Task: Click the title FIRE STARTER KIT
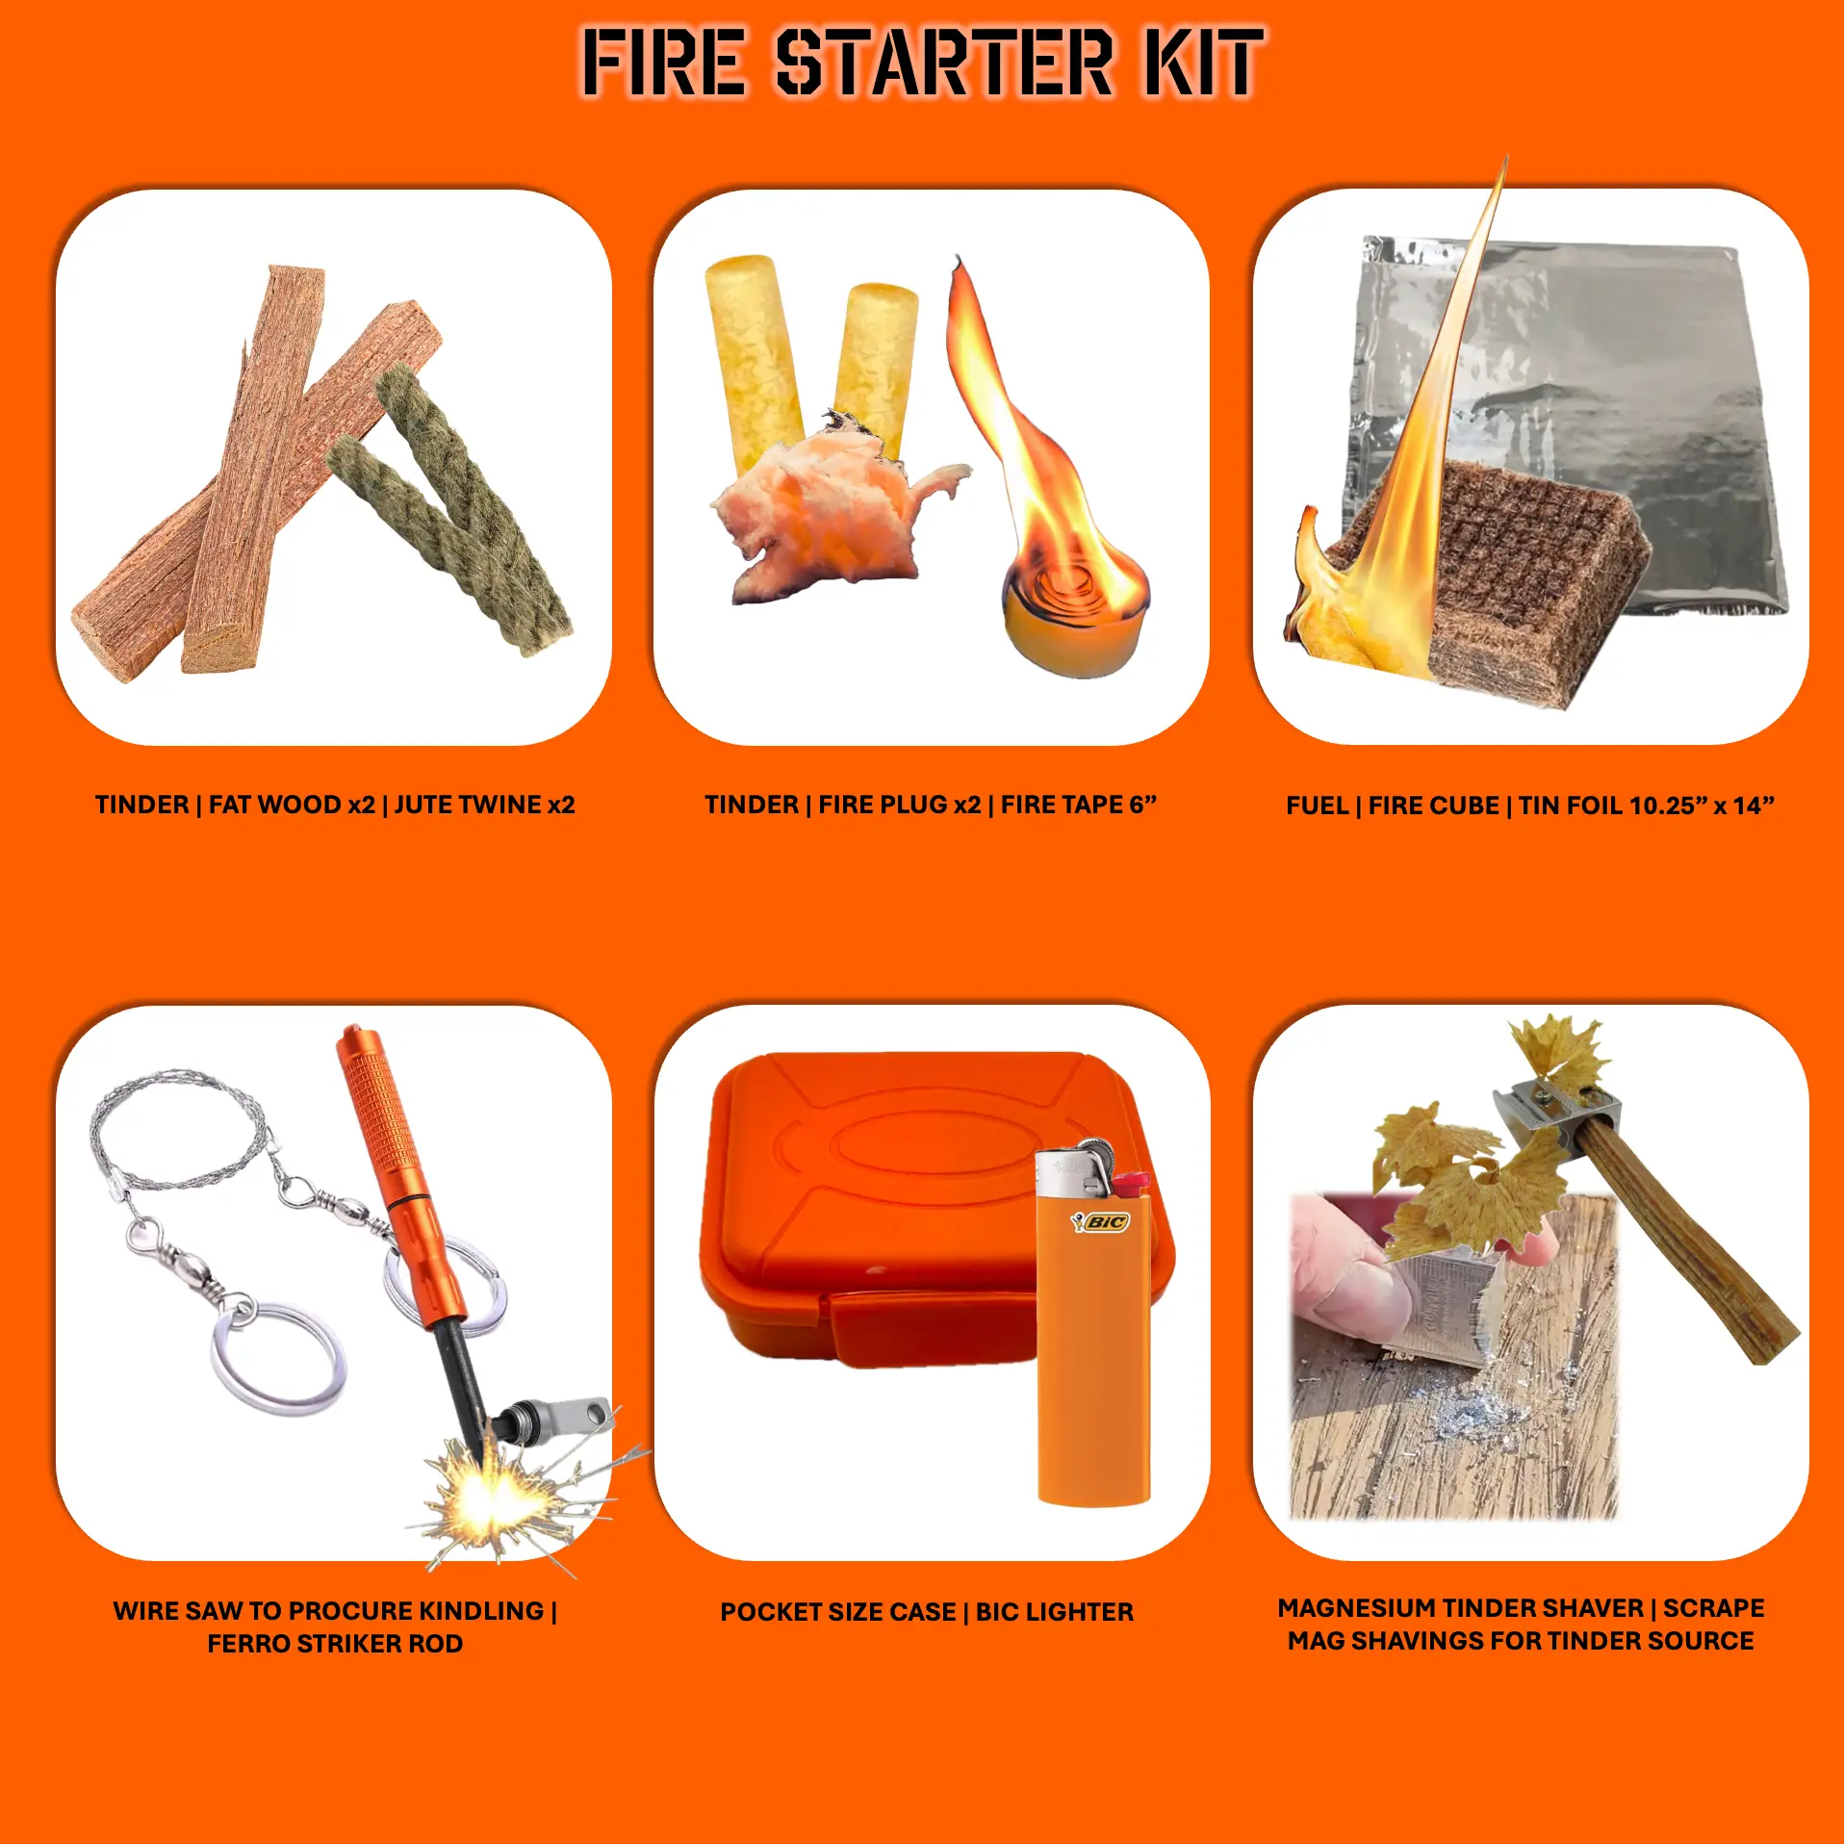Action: point(922,63)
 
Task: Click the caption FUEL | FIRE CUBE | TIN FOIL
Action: point(1529,806)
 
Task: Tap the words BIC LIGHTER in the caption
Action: point(1055,1612)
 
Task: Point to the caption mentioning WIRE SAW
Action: point(335,1627)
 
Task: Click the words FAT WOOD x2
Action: point(292,805)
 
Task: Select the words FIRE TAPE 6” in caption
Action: point(1079,805)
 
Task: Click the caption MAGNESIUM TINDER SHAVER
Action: point(1521,1625)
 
